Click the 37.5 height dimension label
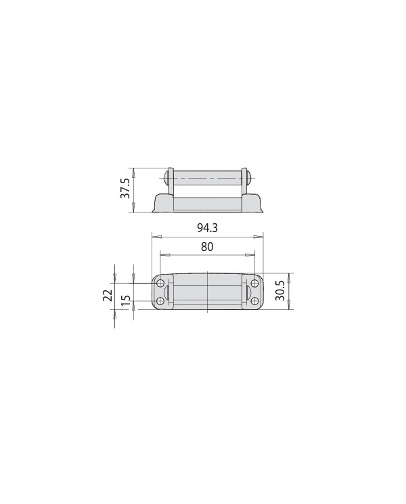(x=125, y=189)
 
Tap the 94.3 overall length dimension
(x=207, y=228)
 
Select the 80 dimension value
(x=207, y=247)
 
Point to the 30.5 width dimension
(x=280, y=291)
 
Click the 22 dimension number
(x=108, y=295)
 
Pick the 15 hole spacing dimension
(x=127, y=300)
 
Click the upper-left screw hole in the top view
(x=160, y=283)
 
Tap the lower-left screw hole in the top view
(x=160, y=301)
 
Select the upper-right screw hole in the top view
(x=254, y=283)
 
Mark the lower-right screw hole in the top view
(x=254, y=301)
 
